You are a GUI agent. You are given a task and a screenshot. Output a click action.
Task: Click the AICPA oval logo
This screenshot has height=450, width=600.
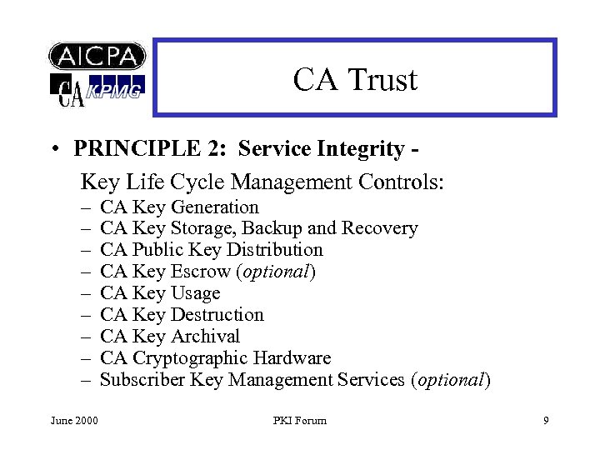tap(97, 56)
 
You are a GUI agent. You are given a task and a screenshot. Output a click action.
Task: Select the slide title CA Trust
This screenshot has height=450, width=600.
tap(355, 80)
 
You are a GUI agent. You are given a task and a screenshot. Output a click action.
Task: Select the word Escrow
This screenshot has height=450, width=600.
tap(200, 272)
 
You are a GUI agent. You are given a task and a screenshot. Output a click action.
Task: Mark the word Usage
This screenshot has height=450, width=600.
tap(195, 293)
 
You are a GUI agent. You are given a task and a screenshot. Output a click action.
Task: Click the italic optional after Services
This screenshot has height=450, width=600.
tap(451, 380)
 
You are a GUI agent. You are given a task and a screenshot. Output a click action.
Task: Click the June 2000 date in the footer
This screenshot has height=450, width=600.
tap(74, 421)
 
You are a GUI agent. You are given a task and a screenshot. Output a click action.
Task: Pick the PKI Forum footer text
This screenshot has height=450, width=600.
tap(299, 421)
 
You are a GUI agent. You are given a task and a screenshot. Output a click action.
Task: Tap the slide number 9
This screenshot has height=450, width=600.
tap(546, 421)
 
